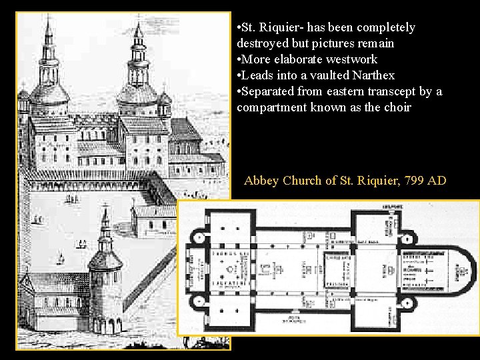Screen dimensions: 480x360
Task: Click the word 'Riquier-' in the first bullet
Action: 279,28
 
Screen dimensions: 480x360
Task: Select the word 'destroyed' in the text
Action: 261,44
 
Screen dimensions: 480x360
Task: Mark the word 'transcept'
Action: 391,92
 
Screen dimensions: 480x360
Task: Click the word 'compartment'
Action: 271,108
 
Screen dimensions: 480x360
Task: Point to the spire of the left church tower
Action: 48,40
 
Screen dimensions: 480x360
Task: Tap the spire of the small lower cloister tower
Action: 105,223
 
